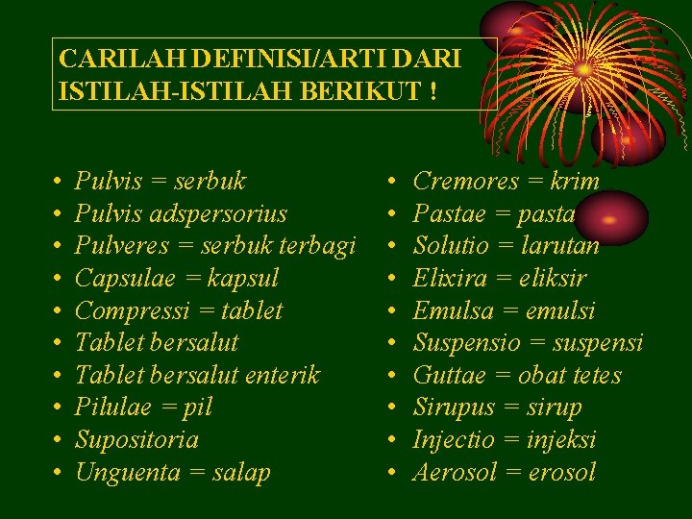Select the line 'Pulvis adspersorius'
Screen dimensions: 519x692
tap(181, 213)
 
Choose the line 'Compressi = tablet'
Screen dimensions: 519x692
tap(179, 311)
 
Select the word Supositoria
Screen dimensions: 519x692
tap(136, 440)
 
